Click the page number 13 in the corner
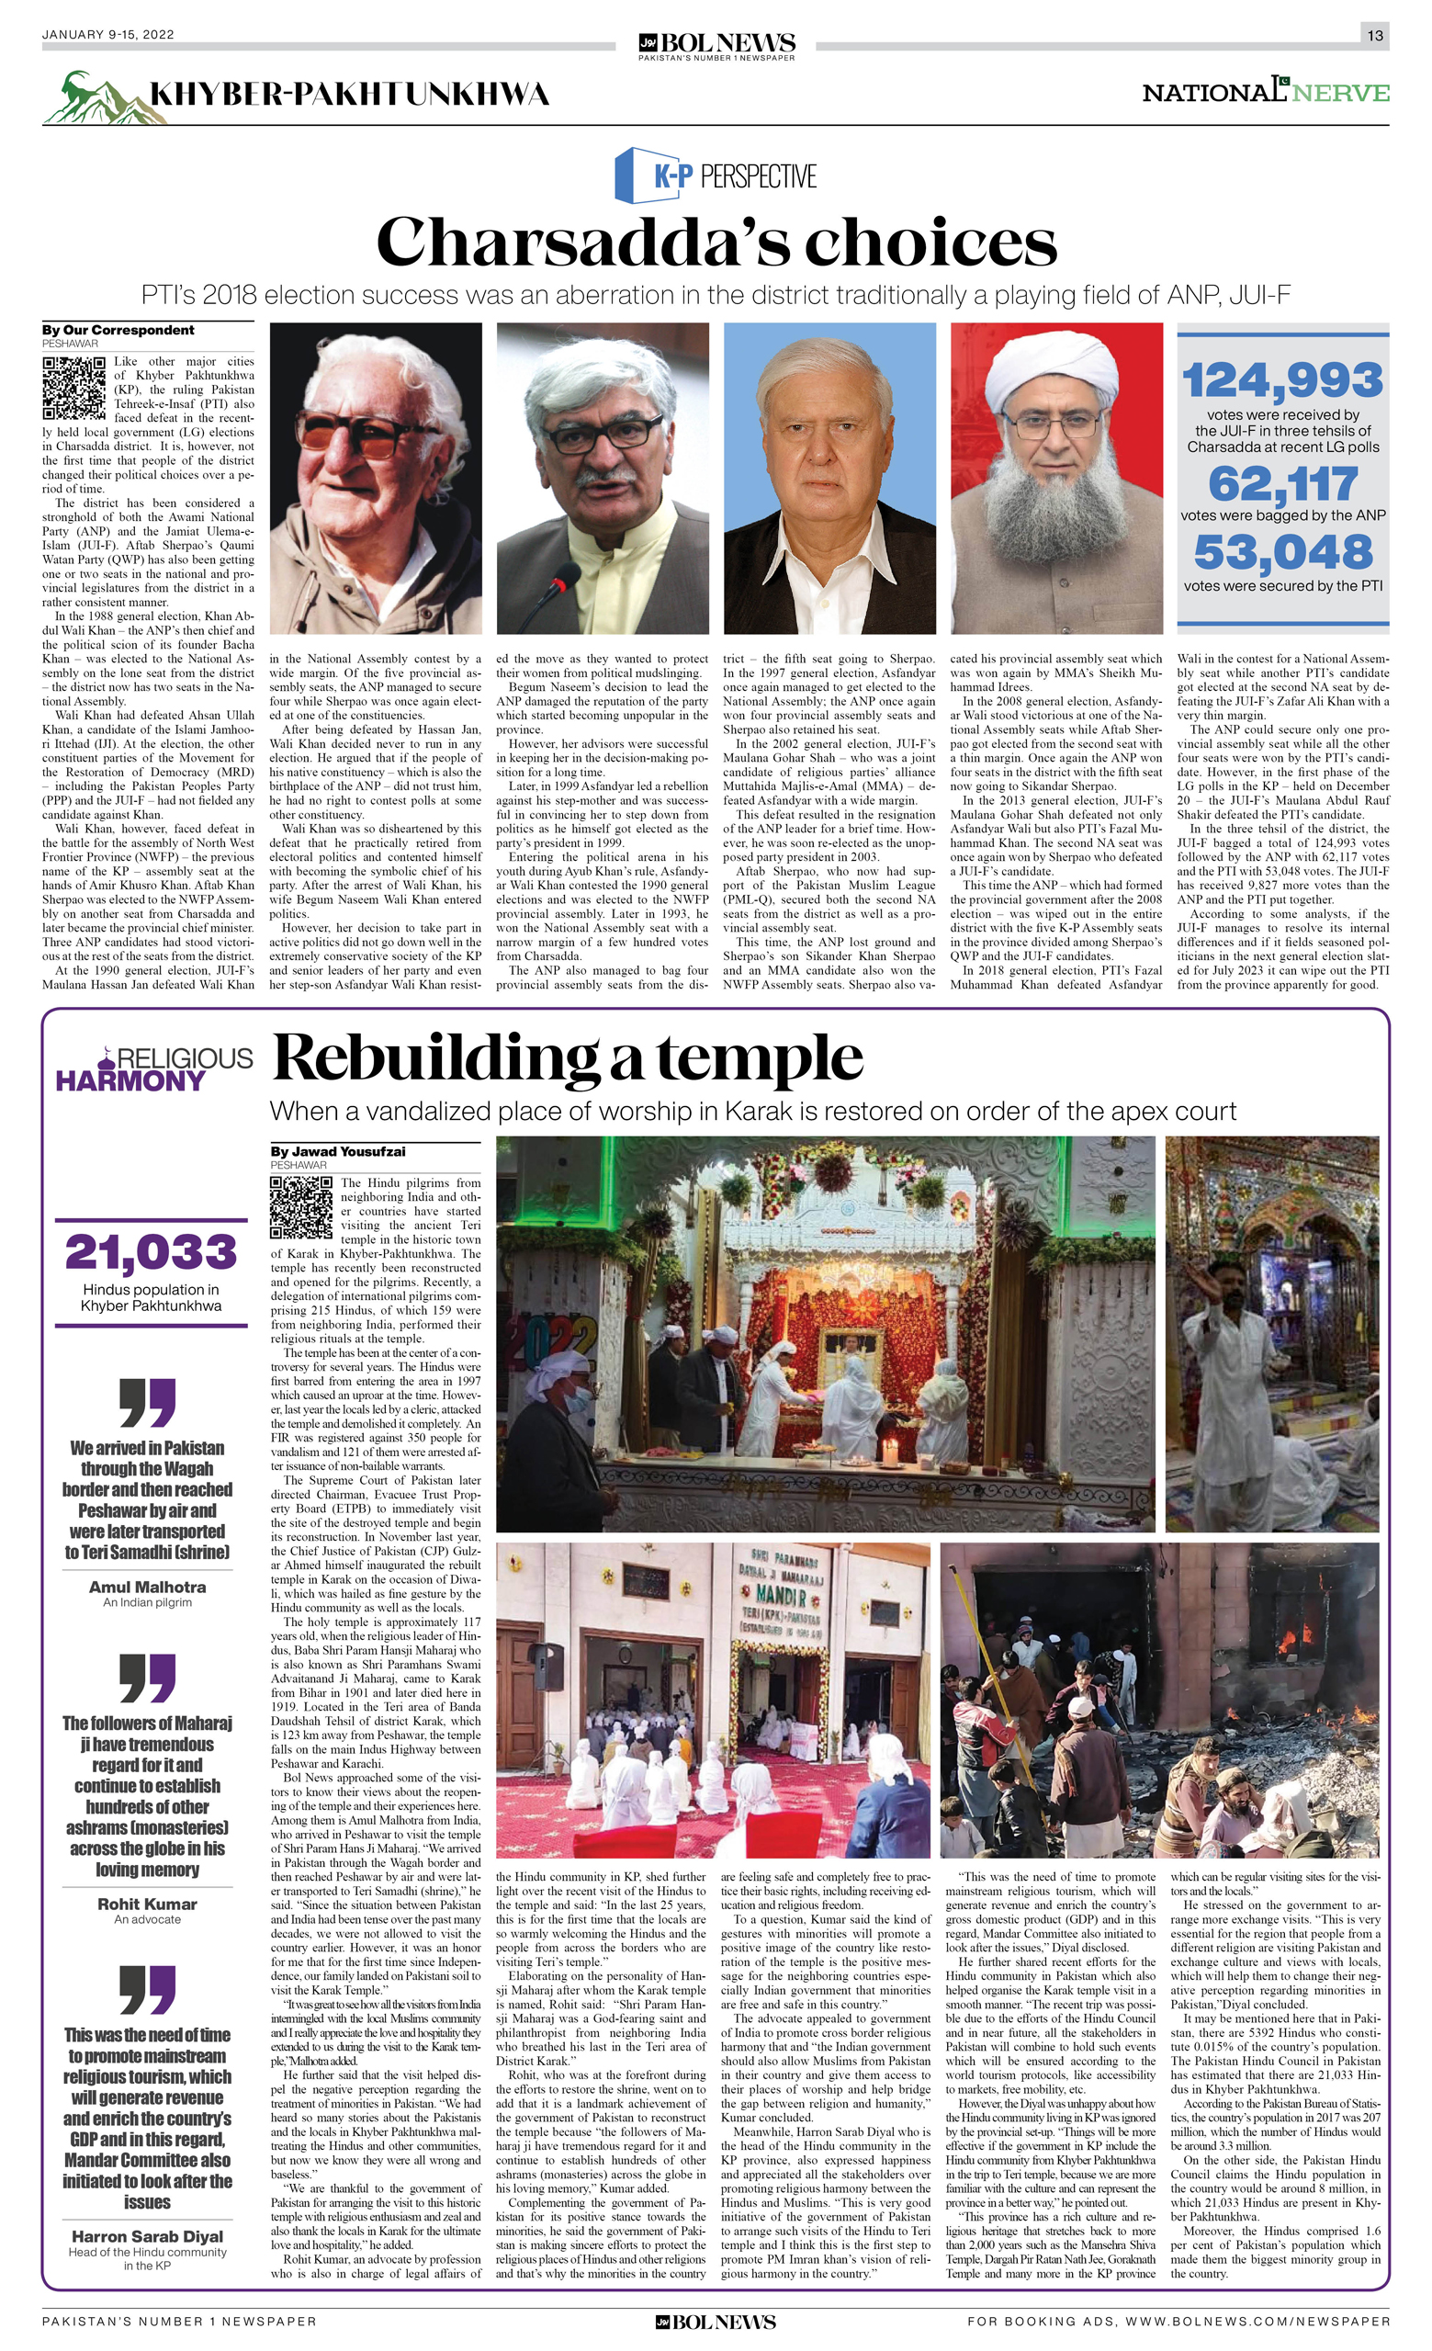point(1374,35)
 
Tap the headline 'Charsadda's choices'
point(716,242)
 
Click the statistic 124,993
point(1282,380)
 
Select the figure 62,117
point(1282,485)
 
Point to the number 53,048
point(1282,552)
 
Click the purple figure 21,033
point(151,1253)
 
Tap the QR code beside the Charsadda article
point(73,388)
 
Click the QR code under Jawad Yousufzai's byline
point(300,1207)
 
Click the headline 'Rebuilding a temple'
point(568,1059)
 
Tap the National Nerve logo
point(1265,92)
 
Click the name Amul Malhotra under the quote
point(147,1587)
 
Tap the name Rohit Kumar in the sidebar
point(147,1904)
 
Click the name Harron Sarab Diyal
point(147,2235)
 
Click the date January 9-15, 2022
point(107,35)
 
